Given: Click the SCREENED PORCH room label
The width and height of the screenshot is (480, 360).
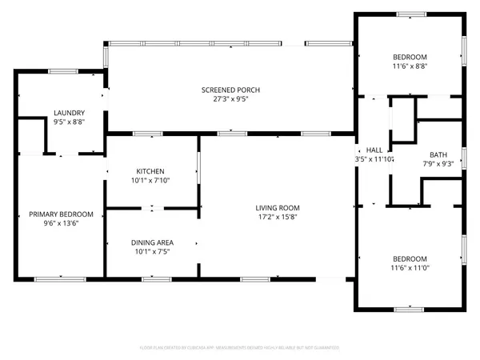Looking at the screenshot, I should click(x=230, y=90).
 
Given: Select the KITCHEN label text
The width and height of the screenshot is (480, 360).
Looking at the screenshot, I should click(x=150, y=171).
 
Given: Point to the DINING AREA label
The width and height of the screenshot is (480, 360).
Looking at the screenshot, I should click(x=152, y=242).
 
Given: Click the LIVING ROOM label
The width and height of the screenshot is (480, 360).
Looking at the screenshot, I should click(x=278, y=208).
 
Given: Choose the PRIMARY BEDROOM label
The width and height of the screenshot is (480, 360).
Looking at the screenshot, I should click(x=61, y=214).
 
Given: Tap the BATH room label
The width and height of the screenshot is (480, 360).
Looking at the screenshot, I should click(x=438, y=155).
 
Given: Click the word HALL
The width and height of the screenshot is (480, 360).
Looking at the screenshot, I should click(x=374, y=150).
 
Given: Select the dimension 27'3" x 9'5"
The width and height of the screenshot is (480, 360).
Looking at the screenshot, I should click(x=230, y=100).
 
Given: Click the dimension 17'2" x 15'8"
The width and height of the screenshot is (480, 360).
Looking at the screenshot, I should click(x=278, y=218).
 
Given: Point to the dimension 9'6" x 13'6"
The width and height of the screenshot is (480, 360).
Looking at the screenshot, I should click(x=61, y=225).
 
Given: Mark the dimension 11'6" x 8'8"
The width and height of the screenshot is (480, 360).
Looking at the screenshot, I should click(x=410, y=66).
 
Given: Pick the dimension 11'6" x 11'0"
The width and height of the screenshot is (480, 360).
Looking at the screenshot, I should click(x=410, y=268).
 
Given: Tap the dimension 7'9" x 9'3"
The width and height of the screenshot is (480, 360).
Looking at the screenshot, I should click(x=438, y=165).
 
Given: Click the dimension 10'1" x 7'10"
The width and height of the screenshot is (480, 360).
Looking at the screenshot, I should click(x=150, y=181).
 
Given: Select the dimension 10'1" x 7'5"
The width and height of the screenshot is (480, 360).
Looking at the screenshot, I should click(x=152, y=251).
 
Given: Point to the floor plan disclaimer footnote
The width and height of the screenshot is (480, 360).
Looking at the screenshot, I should click(x=240, y=348).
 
